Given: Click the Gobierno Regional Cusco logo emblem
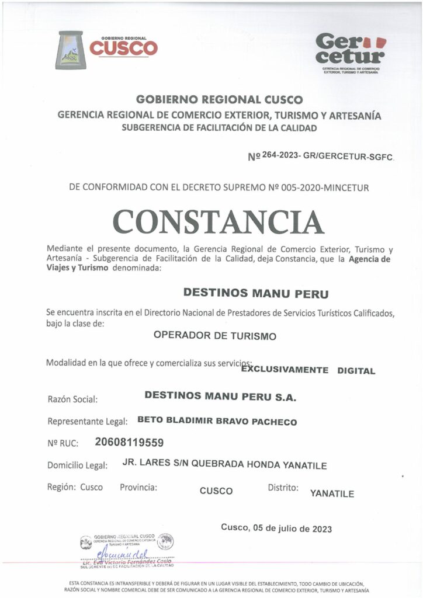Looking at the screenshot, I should click(70, 50).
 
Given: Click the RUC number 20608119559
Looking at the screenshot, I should click(129, 442).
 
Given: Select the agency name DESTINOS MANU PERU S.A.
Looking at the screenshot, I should click(220, 396).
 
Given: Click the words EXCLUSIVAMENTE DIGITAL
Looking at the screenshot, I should click(308, 370).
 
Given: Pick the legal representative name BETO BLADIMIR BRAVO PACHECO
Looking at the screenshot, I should click(217, 422).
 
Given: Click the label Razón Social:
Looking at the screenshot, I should click(72, 400).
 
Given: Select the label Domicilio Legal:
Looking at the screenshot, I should click(78, 465).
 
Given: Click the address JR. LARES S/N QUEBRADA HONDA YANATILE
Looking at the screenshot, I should click(224, 465).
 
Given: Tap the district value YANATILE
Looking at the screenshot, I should click(332, 493).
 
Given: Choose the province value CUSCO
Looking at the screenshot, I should click(216, 491).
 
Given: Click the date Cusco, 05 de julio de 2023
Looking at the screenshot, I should click(276, 529).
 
